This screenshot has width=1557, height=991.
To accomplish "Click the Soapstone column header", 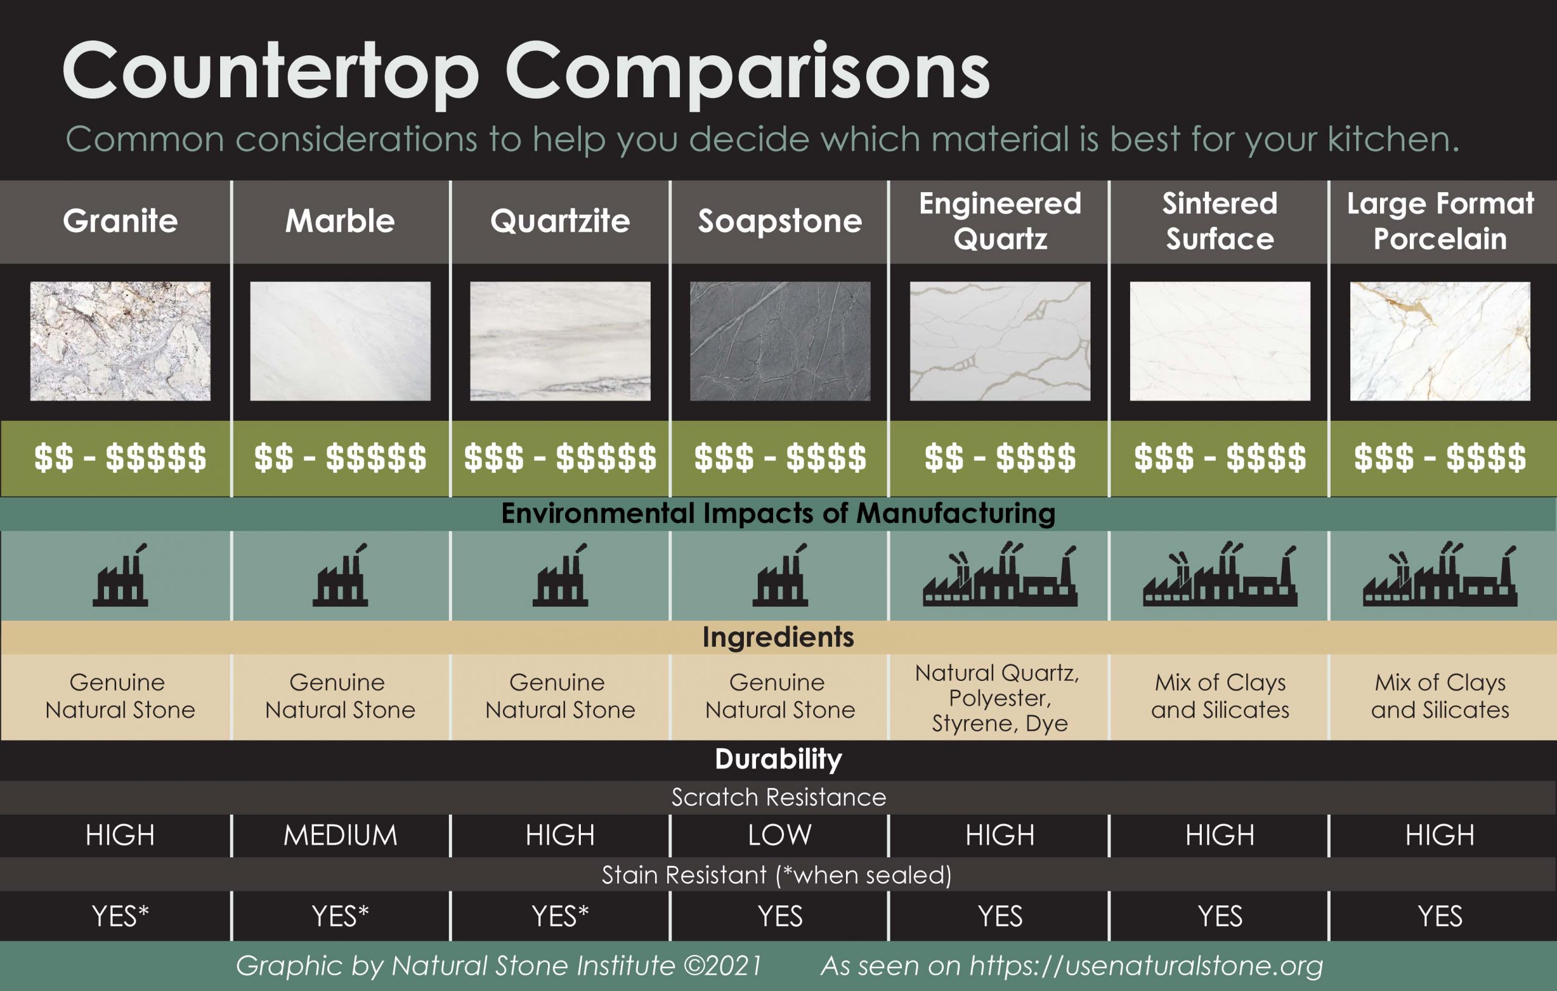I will click(780, 221).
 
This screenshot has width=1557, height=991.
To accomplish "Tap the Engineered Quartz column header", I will click(1000, 221).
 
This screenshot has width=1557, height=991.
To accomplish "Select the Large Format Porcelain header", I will click(1440, 221).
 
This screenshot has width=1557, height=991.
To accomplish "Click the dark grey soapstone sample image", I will click(780, 340).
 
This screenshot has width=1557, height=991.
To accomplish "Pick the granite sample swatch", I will click(120, 340).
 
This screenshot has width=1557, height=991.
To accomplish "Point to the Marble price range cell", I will click(340, 458).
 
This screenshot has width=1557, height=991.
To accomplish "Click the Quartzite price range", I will click(560, 458).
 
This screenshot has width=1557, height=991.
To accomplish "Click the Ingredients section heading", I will click(778, 637).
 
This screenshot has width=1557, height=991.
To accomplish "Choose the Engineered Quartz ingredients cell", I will click(1000, 697).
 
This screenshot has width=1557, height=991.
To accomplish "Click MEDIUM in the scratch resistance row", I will click(340, 835).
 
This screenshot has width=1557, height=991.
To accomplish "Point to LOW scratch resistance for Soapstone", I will click(780, 835).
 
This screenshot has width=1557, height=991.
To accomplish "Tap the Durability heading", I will click(778, 759).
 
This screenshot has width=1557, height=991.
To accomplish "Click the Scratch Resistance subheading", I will click(778, 797).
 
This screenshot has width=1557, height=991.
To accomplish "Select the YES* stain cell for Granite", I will click(120, 916).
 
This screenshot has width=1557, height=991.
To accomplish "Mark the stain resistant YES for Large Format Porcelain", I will click(1440, 916).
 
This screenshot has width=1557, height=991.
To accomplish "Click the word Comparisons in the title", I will click(747, 71).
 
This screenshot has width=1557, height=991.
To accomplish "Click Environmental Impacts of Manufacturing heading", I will click(778, 513).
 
